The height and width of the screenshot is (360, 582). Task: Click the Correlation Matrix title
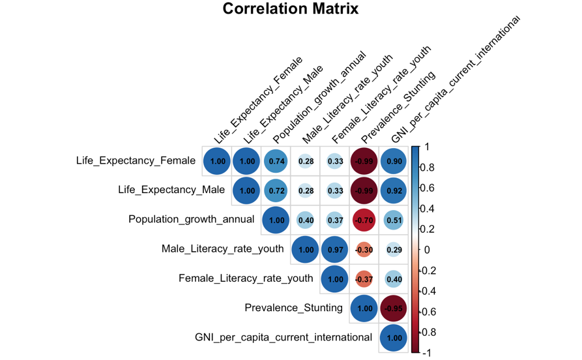[291, 9]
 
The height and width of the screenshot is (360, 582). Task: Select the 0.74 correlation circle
[276, 161]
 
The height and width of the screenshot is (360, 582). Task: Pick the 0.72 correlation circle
[276, 190]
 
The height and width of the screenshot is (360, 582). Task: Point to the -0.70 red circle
[365, 220]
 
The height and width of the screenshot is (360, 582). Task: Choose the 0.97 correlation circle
[335, 250]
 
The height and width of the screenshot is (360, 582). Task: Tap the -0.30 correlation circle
[365, 250]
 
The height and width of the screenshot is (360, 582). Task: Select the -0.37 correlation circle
[365, 279]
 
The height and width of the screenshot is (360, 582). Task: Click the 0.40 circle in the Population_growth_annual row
[306, 220]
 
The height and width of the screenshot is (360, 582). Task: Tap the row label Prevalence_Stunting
[293, 308]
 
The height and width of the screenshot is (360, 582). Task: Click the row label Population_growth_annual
[191, 219]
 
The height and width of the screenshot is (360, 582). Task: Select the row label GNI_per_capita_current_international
[284, 338]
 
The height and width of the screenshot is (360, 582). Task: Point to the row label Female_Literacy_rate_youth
[246, 278]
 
